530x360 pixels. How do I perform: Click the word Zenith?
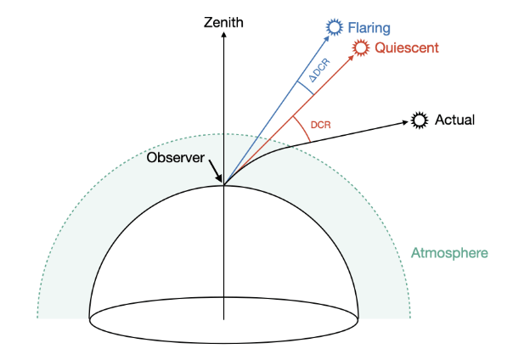pos(224,22)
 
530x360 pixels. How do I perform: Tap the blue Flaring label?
pos(369,29)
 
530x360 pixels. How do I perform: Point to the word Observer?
pos(176,158)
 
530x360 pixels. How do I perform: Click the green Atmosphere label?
pos(449,253)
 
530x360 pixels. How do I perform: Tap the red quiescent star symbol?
pos(361,48)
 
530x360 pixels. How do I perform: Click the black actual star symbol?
pos(419,120)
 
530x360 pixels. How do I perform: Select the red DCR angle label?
pos(320,125)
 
